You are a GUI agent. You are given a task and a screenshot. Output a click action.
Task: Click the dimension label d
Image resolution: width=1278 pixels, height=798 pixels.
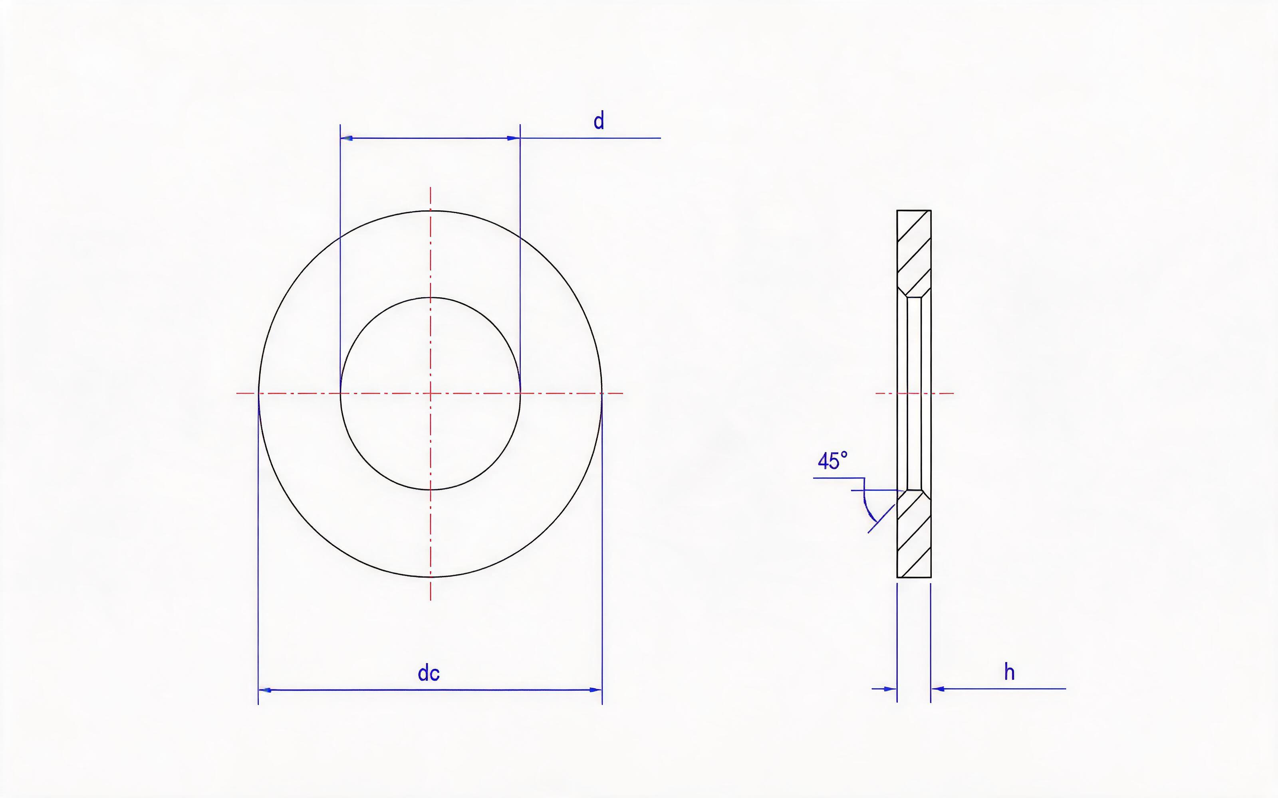coord(599,121)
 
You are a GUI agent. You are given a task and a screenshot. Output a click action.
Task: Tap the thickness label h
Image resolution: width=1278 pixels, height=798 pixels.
coord(1009,672)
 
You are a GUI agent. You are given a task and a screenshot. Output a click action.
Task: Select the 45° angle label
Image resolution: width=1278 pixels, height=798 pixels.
coord(832,461)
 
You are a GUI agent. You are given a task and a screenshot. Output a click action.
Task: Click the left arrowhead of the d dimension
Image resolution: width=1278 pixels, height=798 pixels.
coord(346,138)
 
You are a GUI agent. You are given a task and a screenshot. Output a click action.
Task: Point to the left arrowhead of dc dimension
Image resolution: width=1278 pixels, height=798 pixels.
coord(264,690)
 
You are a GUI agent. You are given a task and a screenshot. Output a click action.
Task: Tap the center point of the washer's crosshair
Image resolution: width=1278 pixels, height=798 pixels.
coord(431,393)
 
